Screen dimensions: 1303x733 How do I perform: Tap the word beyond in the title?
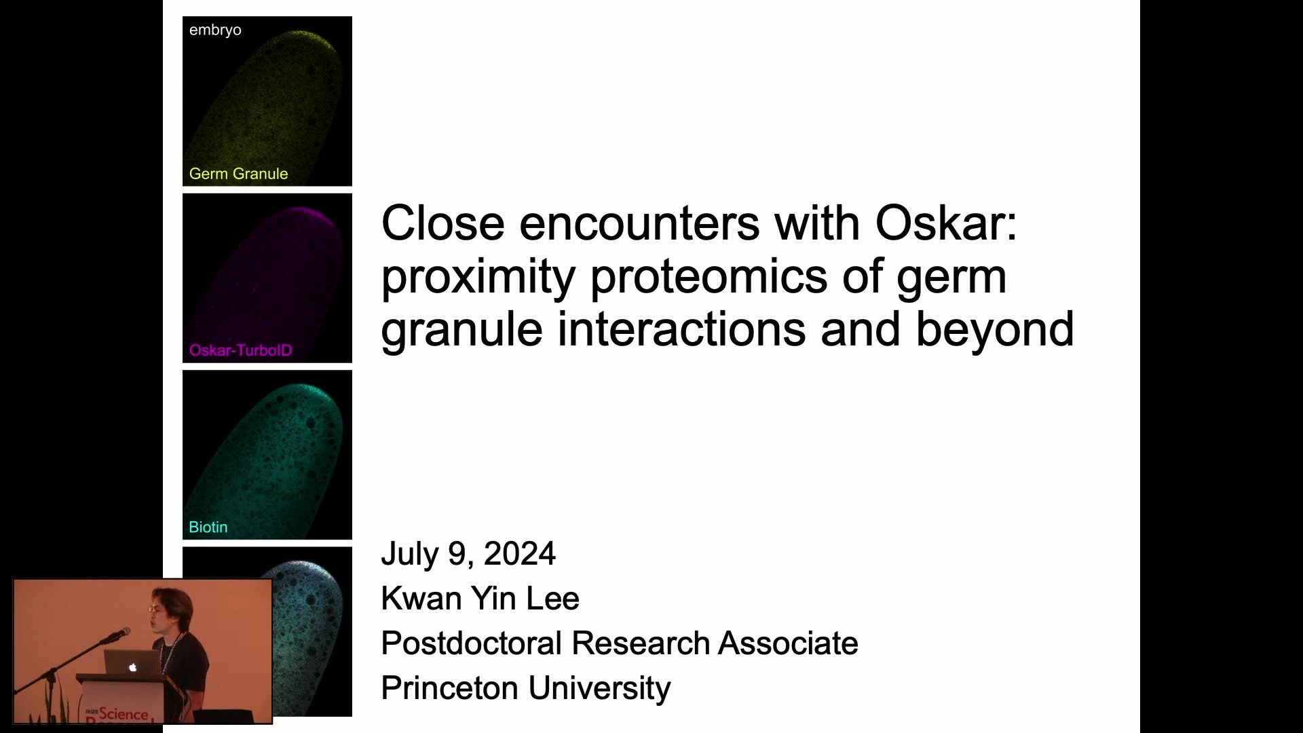(995, 329)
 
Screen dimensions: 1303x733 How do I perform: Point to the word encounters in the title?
(639, 223)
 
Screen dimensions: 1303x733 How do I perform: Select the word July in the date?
(409, 554)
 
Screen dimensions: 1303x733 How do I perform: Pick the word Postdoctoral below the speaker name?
(472, 643)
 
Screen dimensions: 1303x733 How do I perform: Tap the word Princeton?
(451, 688)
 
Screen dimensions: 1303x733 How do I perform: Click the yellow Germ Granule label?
(238, 174)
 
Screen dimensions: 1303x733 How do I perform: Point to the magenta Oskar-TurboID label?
(241, 350)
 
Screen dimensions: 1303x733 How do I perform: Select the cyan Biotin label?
(208, 527)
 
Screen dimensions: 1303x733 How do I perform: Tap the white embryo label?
(215, 31)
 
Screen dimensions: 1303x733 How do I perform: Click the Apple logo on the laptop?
(132, 667)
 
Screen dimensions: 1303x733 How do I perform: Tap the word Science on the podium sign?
(124, 714)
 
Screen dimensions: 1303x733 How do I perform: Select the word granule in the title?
(462, 330)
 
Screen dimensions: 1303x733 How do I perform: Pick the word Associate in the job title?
(789, 643)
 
